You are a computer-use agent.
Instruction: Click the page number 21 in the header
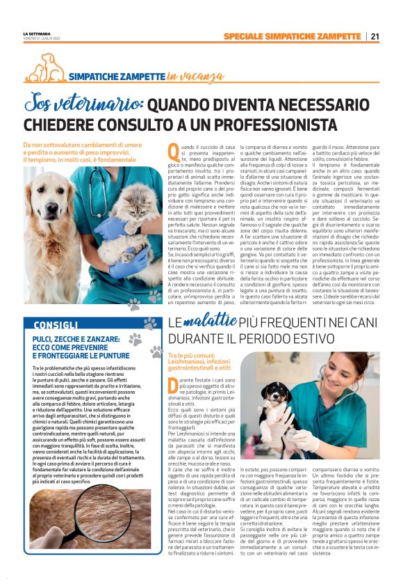pos(375,36)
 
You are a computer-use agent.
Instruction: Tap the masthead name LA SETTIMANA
pos(36,33)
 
